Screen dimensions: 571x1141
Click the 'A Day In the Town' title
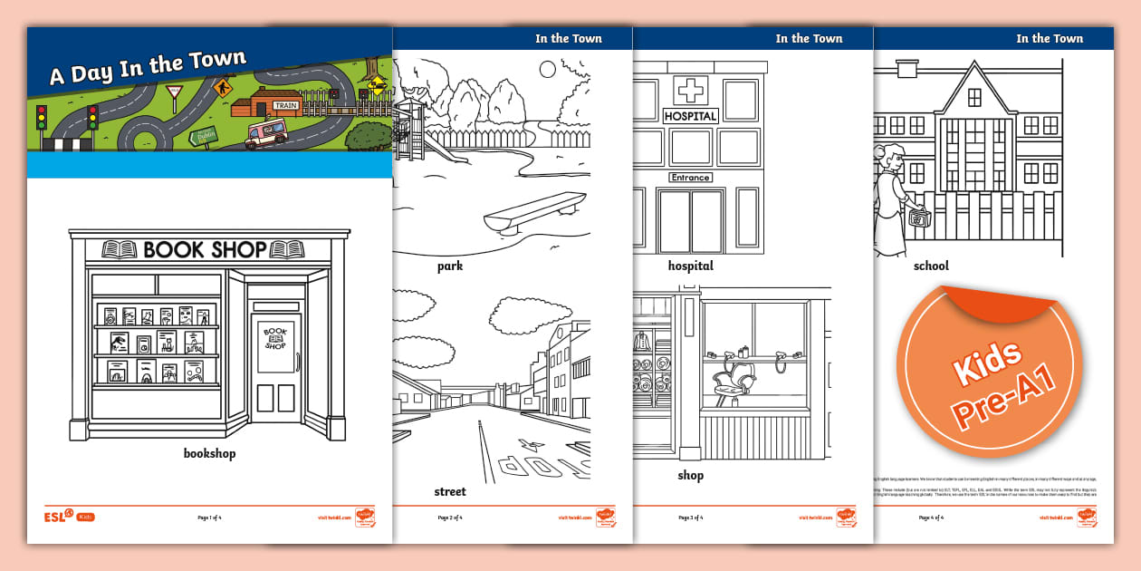pos(147,69)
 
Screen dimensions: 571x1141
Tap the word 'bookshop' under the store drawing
pos(209,453)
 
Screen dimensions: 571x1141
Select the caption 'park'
pos(449,266)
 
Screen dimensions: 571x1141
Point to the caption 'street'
pos(450,491)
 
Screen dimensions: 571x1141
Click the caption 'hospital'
pos(690,266)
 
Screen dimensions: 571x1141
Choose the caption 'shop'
pos(690,475)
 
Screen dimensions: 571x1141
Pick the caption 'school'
pos(930,266)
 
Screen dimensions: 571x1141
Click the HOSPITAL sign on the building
pos(690,116)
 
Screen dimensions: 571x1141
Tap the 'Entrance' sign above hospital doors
pos(690,178)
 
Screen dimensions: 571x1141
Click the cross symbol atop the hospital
pos(690,91)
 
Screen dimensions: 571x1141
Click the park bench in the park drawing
pos(534,214)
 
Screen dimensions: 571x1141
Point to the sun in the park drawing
pos(546,68)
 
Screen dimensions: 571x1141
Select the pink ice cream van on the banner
pos(266,133)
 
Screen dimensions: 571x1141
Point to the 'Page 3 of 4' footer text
pos(690,518)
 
